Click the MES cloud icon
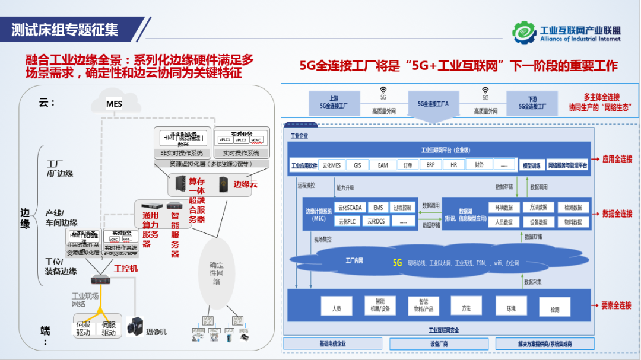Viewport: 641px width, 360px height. (x=115, y=104)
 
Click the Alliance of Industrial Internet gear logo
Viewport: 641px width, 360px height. (x=524, y=33)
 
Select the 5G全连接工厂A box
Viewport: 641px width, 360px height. (x=433, y=103)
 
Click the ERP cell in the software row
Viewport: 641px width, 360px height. (x=431, y=165)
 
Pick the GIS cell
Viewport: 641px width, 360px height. (x=357, y=165)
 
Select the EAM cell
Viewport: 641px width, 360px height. (x=383, y=165)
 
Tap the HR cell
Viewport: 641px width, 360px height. (x=453, y=165)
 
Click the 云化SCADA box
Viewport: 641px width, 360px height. (x=350, y=208)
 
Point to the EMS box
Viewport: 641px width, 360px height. (x=378, y=208)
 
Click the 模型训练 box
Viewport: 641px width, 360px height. (x=531, y=165)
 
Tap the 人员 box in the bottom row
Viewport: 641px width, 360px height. (x=337, y=308)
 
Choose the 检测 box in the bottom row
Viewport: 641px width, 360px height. (x=554, y=309)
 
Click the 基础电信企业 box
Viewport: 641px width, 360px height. (x=332, y=344)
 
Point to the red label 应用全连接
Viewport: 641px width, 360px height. (x=617, y=159)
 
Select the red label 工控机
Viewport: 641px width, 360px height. (x=126, y=269)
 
